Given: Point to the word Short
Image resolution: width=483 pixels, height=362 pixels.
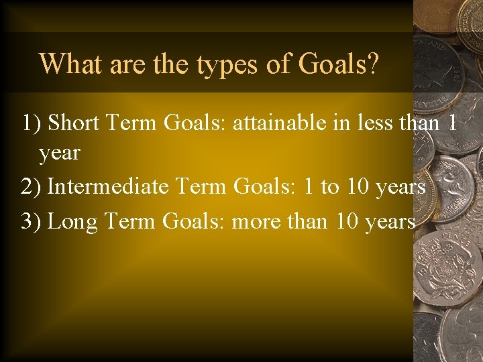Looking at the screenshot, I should point(72,123).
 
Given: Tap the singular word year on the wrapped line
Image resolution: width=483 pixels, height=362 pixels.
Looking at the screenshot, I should point(59,154).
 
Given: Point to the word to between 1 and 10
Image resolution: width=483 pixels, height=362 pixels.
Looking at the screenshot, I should point(329,187).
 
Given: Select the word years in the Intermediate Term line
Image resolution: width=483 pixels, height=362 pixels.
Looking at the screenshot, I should point(400,187).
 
